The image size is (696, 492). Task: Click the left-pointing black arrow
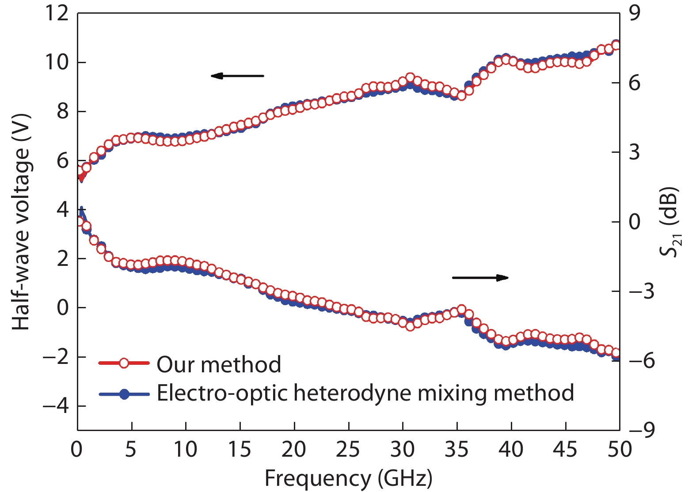tap(237, 76)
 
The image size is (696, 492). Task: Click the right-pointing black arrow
tap(480, 278)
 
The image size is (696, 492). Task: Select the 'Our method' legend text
tap(219, 365)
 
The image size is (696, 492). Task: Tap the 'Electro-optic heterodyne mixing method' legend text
tap(365, 393)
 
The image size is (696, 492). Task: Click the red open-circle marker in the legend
tap(124, 363)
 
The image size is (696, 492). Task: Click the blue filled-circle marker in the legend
tap(125, 394)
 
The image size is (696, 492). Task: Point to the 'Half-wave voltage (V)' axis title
tap(21, 221)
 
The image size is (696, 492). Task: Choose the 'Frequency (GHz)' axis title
tap(348, 478)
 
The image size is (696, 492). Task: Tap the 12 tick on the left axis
tap(57, 13)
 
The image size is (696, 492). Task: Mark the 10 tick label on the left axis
tap(57, 62)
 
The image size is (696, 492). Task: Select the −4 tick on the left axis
tap(56, 406)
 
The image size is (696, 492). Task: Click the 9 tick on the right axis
tap(635, 13)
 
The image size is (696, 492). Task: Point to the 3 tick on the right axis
tap(635, 152)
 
